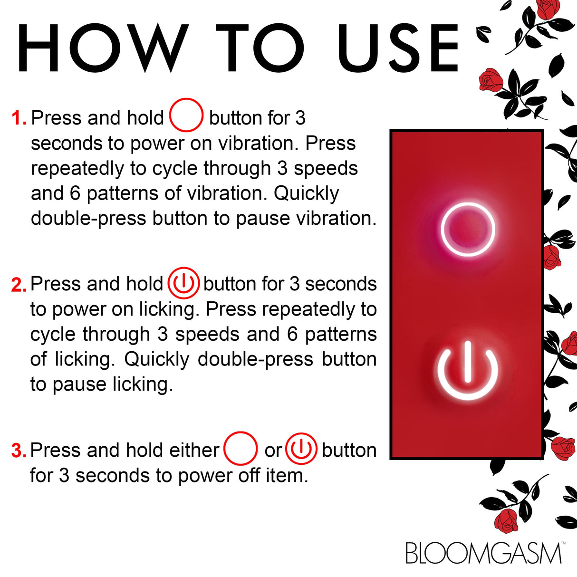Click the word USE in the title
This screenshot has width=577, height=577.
coord(398,48)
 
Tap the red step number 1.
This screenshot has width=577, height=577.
coord(19,118)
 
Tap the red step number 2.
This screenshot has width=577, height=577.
coord(19,285)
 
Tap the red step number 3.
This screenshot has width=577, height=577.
coord(19,451)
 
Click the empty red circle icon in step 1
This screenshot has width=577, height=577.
coord(186,115)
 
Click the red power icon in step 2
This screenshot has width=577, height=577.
coord(183,283)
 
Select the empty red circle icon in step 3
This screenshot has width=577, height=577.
coord(240,448)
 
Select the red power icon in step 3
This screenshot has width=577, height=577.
coord(301,449)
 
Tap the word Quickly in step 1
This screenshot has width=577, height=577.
coord(307,193)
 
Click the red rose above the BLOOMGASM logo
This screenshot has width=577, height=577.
coord(506,520)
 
